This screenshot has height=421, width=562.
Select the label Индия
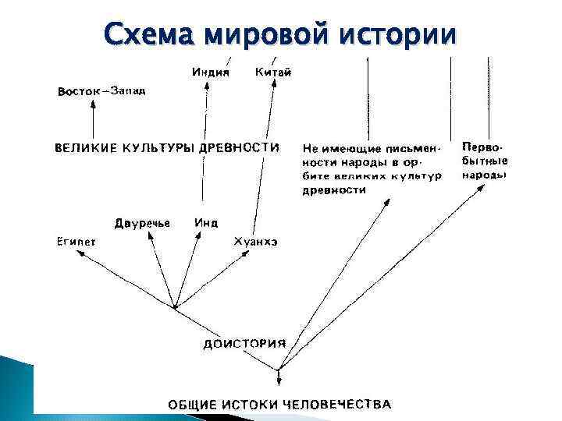(210, 73)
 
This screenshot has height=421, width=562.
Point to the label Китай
(273, 73)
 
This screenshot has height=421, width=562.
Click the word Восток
(80, 92)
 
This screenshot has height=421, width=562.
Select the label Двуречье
(142, 223)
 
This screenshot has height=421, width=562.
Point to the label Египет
(76, 242)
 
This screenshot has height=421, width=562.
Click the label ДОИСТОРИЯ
(244, 343)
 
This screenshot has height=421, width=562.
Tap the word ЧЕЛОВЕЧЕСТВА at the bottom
(336, 404)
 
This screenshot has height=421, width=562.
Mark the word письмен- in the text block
(414, 148)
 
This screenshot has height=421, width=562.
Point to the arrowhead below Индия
(206, 88)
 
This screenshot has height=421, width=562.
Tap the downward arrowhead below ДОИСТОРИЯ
(279, 380)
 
